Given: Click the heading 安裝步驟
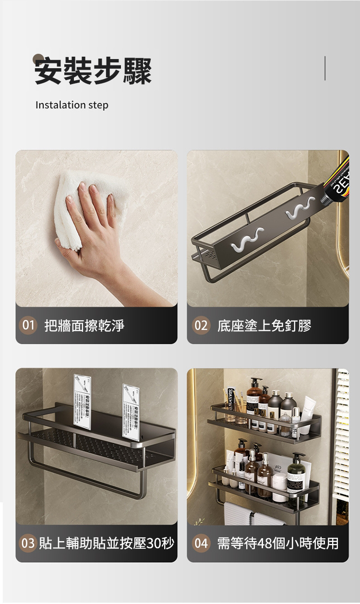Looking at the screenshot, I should tap(93, 71).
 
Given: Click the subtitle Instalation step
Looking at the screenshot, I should tap(72, 105).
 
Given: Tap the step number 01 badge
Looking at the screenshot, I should tap(29, 326).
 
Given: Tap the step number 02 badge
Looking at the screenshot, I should tap(201, 326).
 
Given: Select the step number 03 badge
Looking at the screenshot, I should tap(28, 543).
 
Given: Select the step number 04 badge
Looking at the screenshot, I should tap(201, 543).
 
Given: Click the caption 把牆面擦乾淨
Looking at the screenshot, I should tap(84, 326).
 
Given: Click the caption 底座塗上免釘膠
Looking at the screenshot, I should tap(264, 326).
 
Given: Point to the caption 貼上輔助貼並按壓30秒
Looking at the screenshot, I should tap(106, 543).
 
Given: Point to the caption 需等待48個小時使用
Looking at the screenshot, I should tap(278, 543).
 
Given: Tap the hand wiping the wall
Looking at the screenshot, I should tap(96, 230).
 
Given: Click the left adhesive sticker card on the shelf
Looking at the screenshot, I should tap(83, 401).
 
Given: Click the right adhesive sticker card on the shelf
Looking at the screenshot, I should tap(131, 412).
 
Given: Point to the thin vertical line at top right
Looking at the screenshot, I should tap(325, 68).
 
